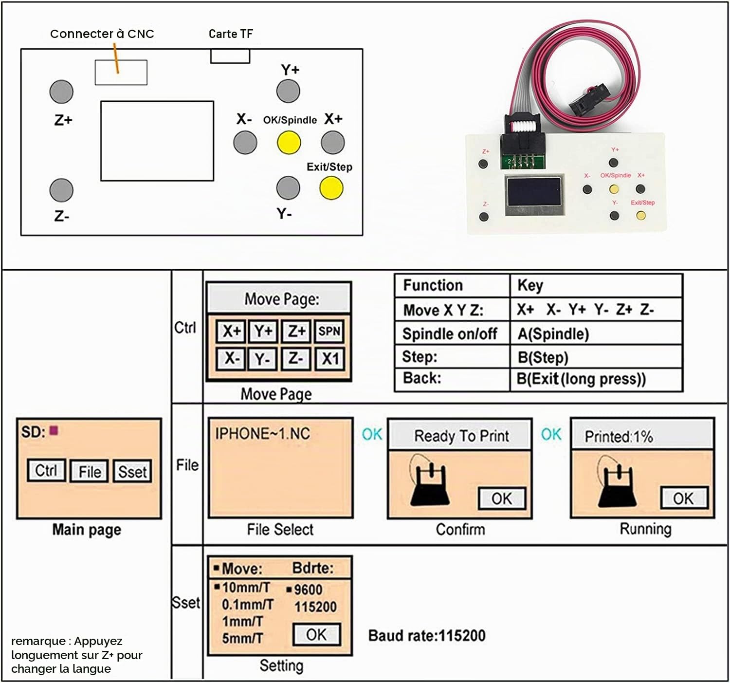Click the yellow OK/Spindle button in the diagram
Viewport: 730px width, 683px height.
point(289,143)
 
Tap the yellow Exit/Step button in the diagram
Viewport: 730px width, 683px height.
point(331,188)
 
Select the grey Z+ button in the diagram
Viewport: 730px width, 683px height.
point(61,92)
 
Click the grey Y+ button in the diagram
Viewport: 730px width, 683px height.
point(288,91)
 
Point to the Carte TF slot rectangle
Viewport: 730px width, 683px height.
point(230,56)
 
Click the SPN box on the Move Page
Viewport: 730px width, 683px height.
point(329,331)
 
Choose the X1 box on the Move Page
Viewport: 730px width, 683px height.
point(329,359)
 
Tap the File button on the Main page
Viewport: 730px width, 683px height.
point(90,471)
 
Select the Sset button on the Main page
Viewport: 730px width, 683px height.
point(132,471)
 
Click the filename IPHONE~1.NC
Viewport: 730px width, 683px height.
point(262,434)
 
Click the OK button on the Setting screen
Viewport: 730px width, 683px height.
point(317,634)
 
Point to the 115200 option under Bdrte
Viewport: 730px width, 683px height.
point(315,607)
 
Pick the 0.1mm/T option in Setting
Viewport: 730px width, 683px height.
point(247,605)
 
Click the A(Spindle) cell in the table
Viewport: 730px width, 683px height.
point(553,334)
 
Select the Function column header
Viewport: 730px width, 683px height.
point(433,285)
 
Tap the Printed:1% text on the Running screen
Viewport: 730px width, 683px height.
point(619,437)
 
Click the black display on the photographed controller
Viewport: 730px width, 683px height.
point(534,192)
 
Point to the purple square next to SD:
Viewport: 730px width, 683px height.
point(54,430)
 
